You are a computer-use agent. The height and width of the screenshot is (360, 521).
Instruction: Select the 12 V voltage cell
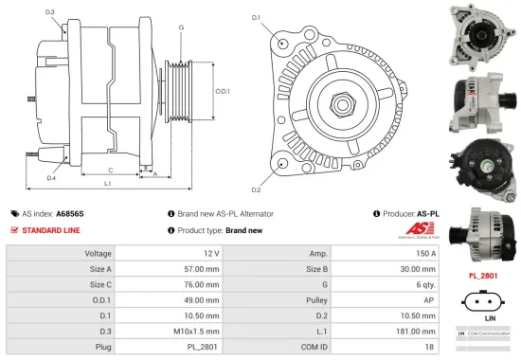[211, 254]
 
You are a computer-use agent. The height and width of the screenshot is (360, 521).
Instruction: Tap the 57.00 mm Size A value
[203, 268]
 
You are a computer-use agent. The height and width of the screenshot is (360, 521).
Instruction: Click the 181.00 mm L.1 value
[418, 332]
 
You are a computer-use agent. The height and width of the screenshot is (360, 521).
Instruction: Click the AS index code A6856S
[70, 214]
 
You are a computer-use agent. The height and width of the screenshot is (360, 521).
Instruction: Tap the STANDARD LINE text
[51, 230]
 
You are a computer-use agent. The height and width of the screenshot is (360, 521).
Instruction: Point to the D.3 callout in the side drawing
[49, 12]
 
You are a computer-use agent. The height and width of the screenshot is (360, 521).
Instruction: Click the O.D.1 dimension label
[223, 91]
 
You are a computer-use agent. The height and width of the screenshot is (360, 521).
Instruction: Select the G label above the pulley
[180, 28]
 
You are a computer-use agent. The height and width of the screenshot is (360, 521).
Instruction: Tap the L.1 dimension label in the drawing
[108, 182]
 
